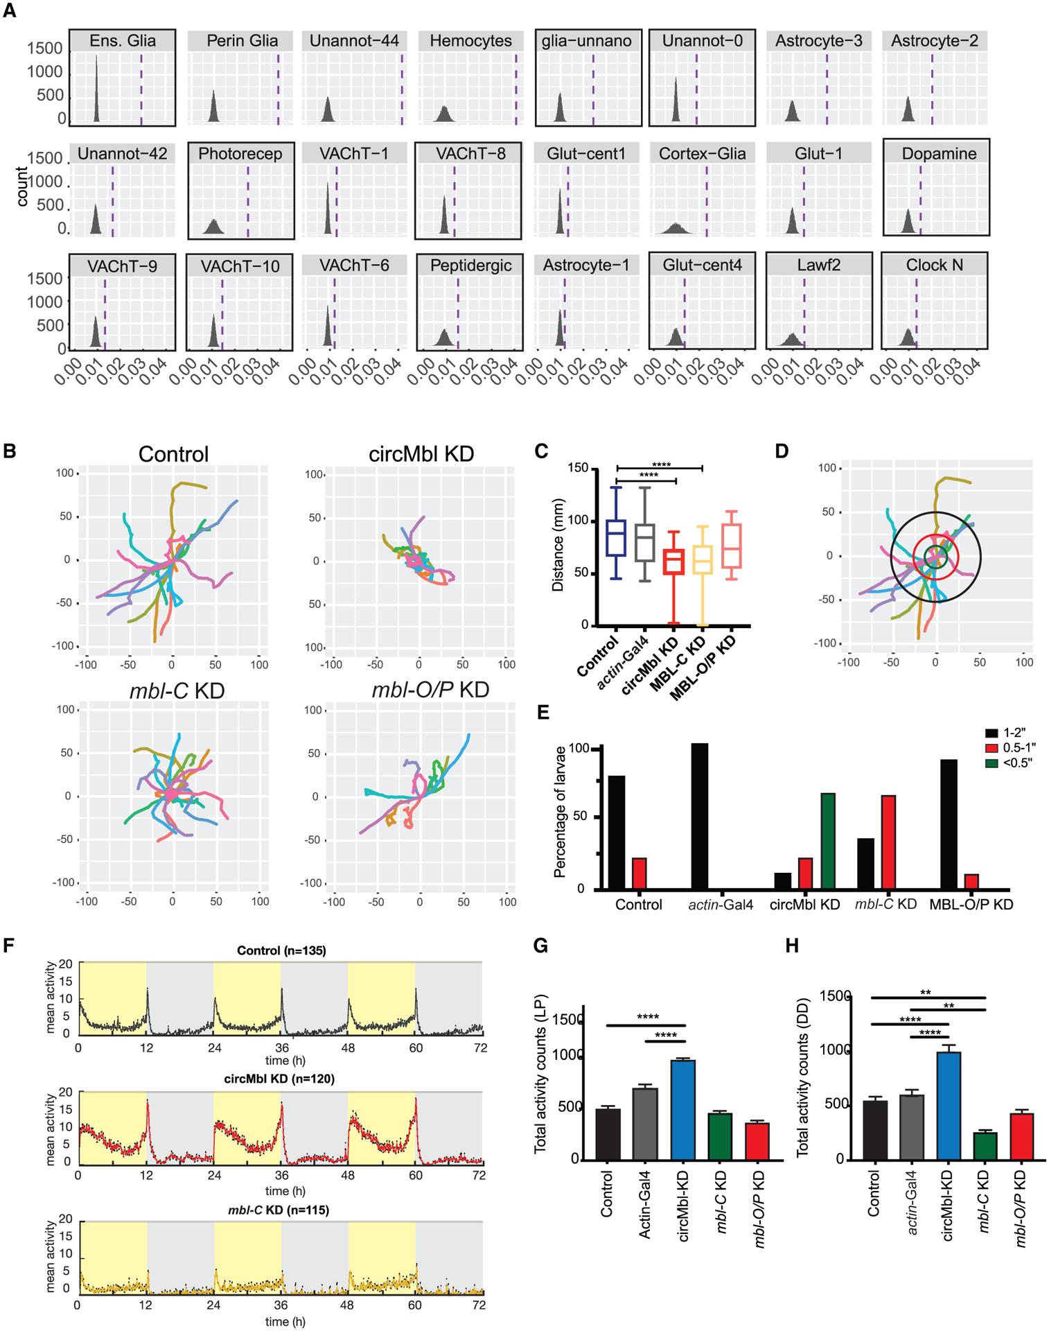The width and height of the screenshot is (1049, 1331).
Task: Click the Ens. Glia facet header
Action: tap(123, 41)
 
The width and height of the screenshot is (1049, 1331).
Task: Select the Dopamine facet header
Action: tap(939, 153)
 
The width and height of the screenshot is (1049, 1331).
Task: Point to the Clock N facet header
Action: tap(934, 266)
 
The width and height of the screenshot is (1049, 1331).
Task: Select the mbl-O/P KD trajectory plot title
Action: tap(430, 690)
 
